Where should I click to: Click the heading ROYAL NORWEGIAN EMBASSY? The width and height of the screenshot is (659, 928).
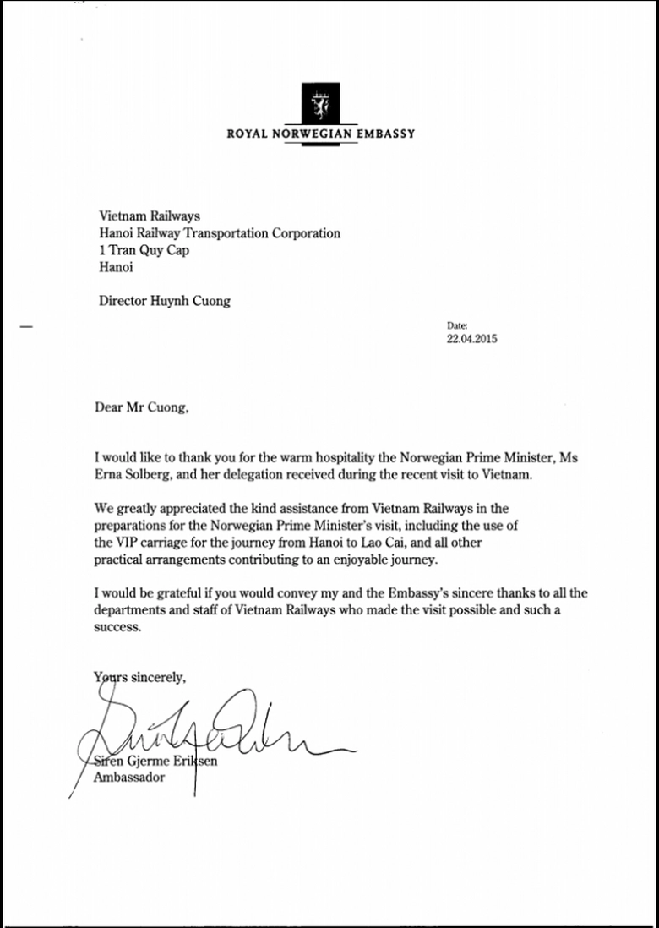tap(321, 134)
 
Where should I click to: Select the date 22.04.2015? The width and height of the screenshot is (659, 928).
tap(472, 339)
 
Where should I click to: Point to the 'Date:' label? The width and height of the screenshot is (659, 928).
tap(456, 325)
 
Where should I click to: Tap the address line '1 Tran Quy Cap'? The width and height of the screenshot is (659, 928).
tap(144, 251)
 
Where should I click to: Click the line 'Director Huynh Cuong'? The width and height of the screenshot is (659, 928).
tap(164, 300)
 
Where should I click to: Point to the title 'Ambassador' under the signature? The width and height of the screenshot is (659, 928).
tap(128, 778)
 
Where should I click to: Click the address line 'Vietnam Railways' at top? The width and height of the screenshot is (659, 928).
tap(150, 217)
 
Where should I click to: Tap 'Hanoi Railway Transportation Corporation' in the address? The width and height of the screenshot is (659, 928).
tap(220, 234)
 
